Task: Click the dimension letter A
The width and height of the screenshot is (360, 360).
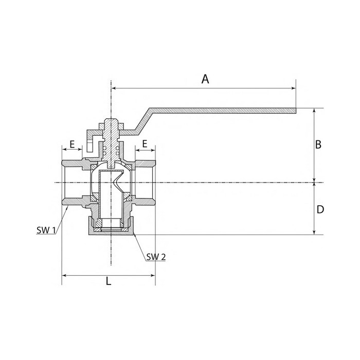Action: (205, 79)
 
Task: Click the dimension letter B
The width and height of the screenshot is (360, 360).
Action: (318, 145)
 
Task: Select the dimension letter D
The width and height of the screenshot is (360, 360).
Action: (320, 209)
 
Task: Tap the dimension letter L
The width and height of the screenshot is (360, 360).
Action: (109, 281)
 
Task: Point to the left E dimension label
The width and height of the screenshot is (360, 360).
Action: (73, 145)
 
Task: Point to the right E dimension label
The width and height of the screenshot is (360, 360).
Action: (145, 144)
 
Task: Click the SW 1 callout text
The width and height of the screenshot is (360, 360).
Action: (46, 230)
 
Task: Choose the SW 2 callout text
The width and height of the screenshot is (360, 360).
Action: (156, 257)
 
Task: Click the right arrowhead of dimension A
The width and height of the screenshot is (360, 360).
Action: (294, 88)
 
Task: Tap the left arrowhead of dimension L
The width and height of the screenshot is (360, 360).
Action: (64, 275)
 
